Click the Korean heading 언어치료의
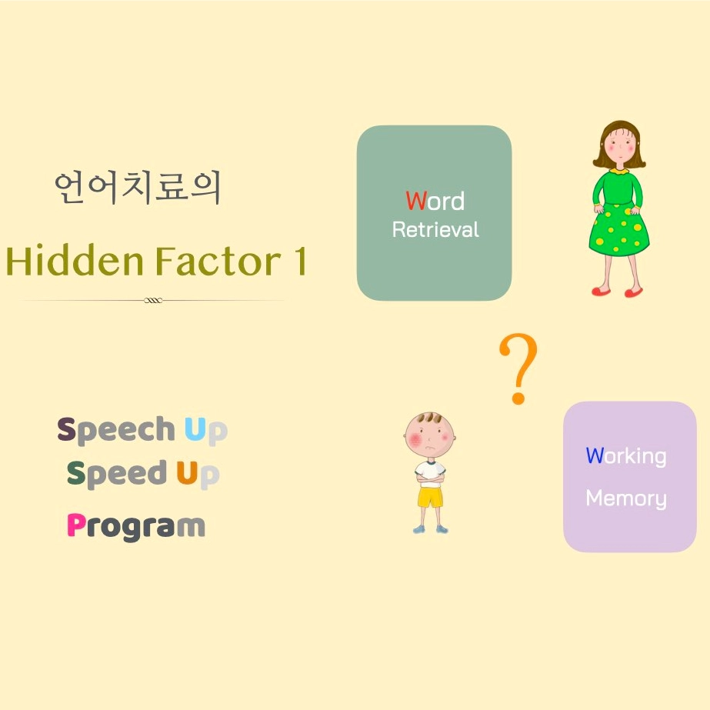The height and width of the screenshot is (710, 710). click(138, 187)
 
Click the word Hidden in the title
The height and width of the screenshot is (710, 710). click(75, 261)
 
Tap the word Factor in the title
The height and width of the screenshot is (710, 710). click(218, 261)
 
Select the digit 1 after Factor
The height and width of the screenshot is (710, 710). click(300, 261)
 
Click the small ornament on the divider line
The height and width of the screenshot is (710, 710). click(153, 300)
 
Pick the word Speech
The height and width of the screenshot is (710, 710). click(116, 430)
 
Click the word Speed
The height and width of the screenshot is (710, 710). click(117, 474)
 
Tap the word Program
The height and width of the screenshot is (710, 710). click(136, 527)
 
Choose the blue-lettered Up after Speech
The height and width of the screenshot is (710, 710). click(206, 431)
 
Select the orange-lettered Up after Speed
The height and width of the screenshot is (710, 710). click(198, 475)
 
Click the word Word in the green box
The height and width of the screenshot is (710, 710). click(435, 201)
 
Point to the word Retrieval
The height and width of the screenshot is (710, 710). click(435, 229)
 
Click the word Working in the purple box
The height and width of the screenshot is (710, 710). click(626, 456)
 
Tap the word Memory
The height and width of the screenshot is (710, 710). click(626, 498)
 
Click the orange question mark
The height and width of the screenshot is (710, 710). click(518, 368)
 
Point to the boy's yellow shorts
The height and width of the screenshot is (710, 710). click(430, 497)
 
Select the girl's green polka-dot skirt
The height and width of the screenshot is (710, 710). click(619, 231)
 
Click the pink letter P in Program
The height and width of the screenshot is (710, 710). click(76, 525)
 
